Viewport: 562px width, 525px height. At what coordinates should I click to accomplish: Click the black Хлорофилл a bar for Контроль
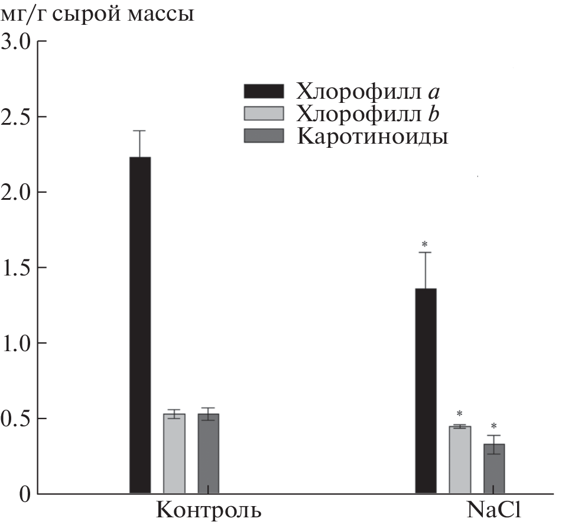click(140, 325)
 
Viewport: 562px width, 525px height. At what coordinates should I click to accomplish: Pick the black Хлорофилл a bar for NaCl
click(426, 391)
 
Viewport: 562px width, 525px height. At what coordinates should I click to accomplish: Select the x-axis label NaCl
click(493, 510)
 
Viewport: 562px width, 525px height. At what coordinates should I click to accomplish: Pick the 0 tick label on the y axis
click(24, 494)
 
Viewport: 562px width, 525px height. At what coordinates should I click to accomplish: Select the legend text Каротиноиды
click(373, 136)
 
